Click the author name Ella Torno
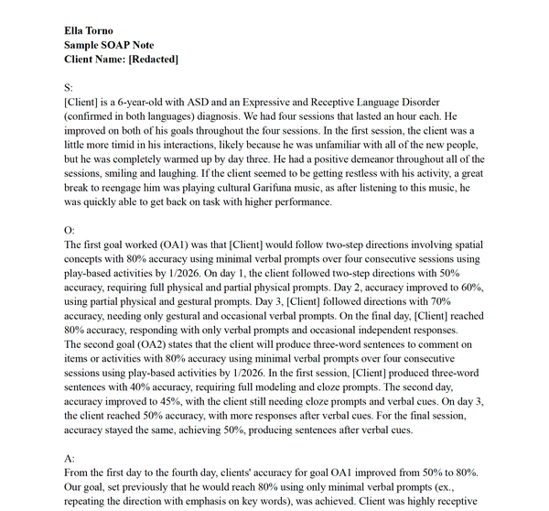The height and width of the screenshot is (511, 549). [89, 31]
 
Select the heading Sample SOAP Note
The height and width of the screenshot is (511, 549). [109, 45]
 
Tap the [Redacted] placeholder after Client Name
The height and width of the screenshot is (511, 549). [153, 59]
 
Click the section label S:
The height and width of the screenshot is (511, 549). [69, 87]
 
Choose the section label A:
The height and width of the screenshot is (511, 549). [70, 457]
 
